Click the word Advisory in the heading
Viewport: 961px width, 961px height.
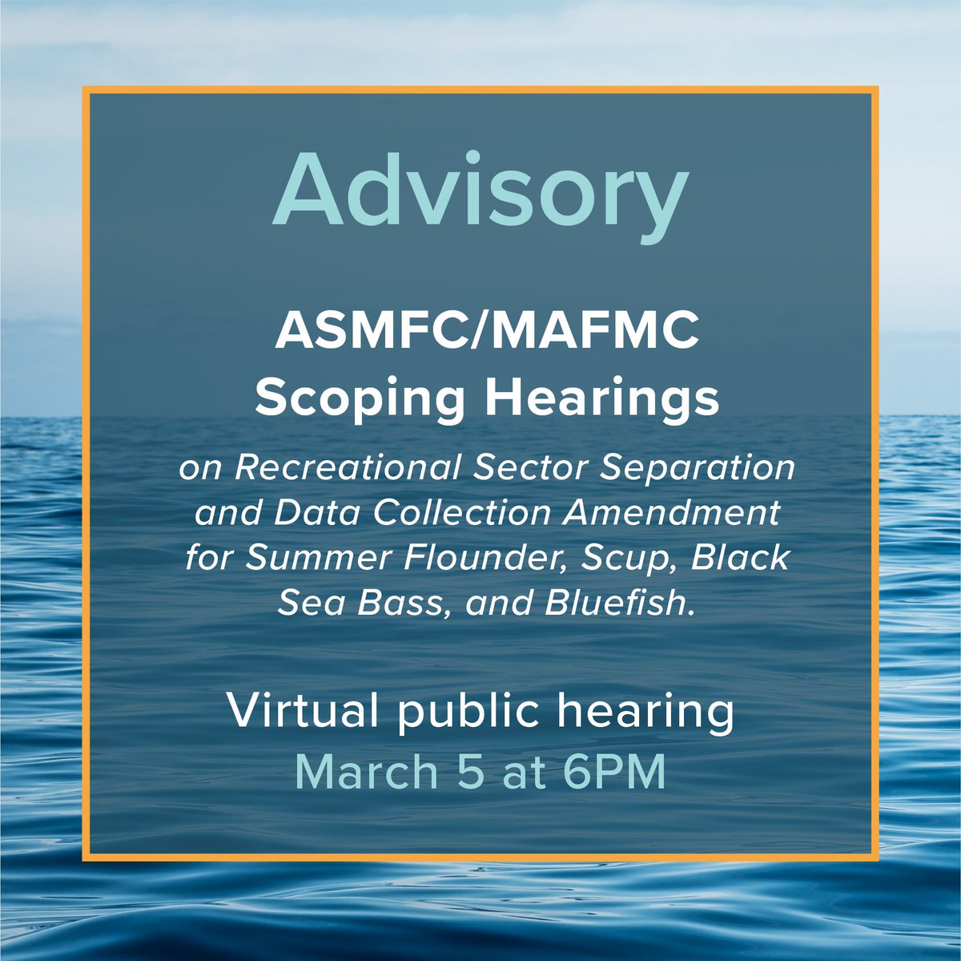[480, 190]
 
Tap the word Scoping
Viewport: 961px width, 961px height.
[360, 399]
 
